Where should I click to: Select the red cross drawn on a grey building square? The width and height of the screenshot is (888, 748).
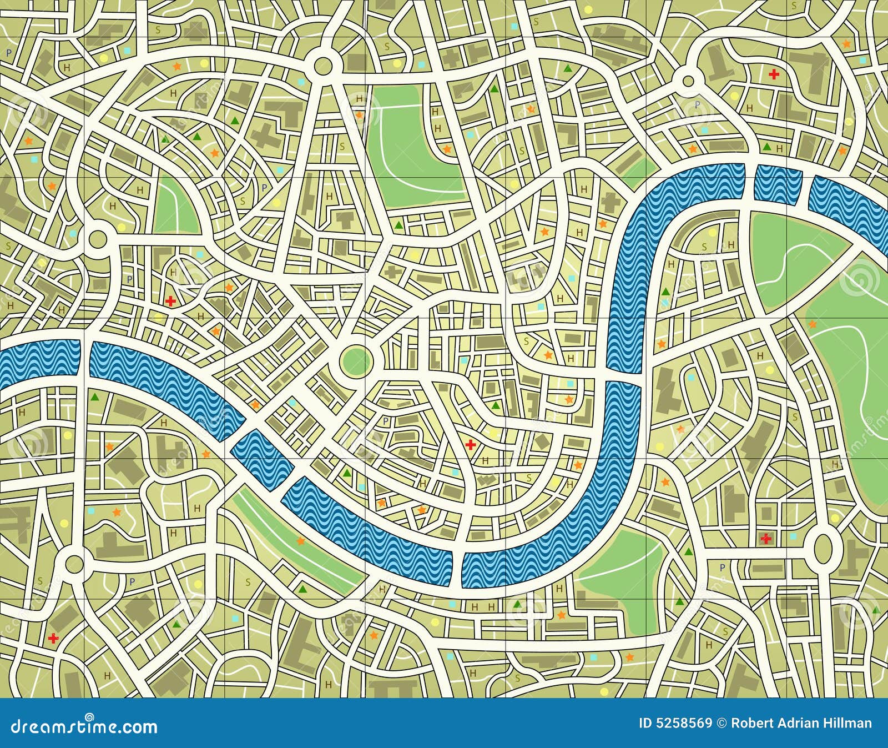[x=766, y=538]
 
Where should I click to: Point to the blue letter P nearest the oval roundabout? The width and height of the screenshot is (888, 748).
[x=722, y=567]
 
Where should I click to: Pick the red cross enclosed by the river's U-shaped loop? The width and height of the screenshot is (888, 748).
[x=471, y=444]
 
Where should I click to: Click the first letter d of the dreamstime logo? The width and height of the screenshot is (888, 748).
[x=16, y=726]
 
